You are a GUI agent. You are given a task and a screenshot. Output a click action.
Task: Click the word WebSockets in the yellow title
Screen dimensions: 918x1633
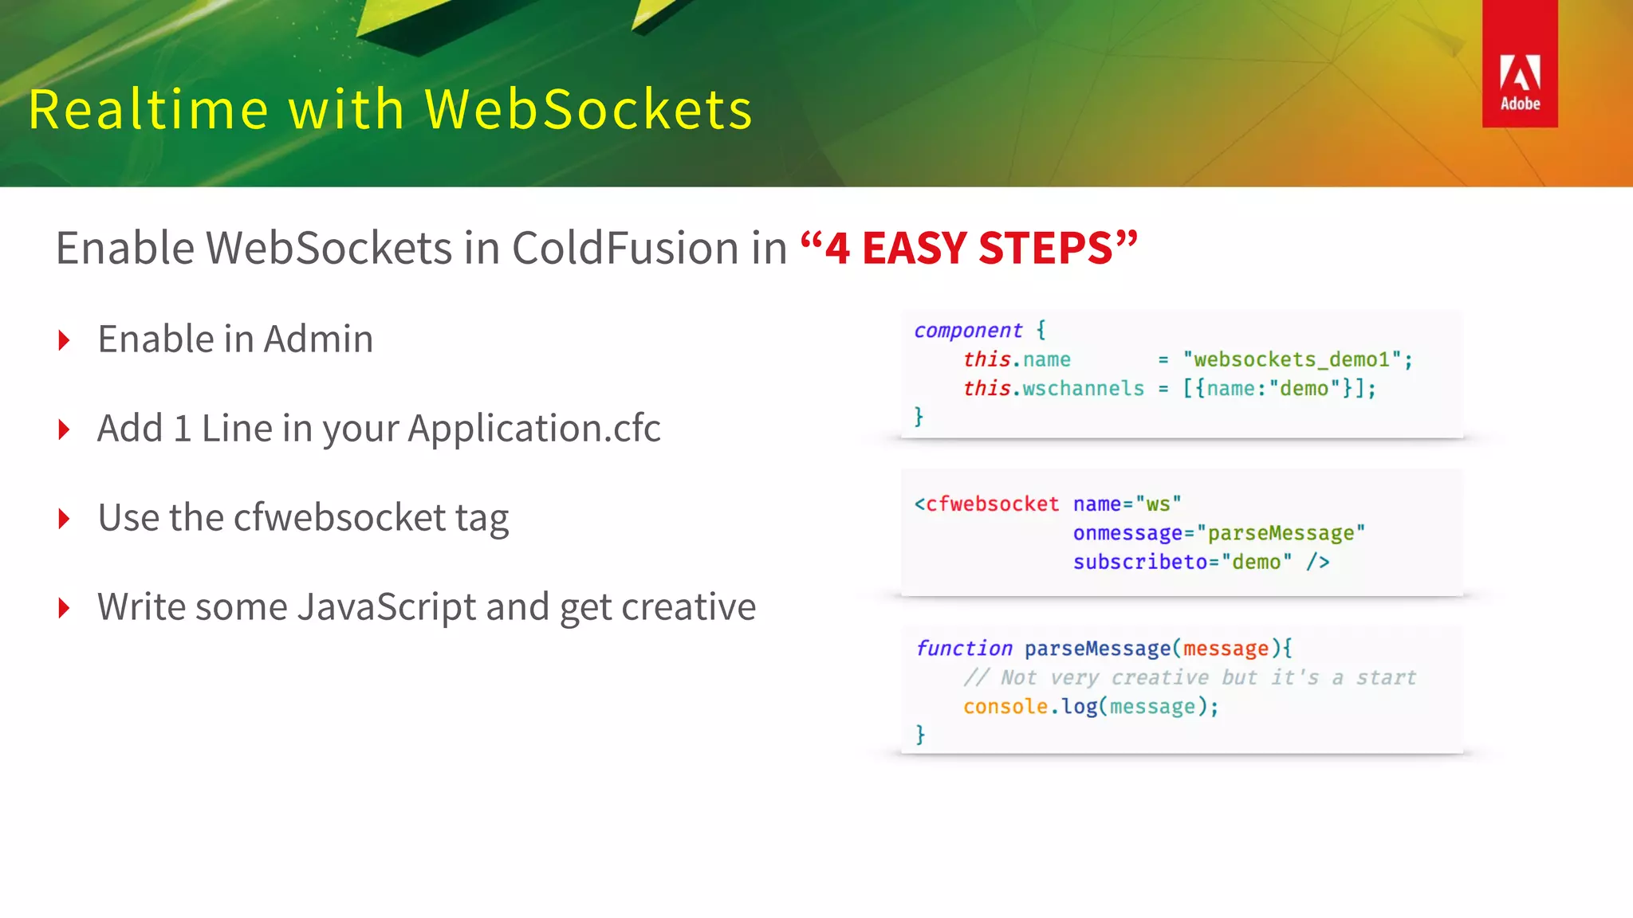588,109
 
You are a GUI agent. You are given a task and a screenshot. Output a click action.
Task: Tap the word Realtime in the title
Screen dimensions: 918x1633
148,109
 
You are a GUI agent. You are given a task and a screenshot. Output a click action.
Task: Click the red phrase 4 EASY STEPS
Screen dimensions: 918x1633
968,248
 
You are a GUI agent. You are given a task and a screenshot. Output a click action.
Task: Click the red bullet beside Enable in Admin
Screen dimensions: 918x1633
65,341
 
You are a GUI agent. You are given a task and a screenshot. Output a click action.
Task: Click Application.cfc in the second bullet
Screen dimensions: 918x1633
534,429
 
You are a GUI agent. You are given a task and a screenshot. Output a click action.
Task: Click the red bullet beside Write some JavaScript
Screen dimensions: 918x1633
65,609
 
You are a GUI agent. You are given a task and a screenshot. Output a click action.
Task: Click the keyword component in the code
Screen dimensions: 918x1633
967,330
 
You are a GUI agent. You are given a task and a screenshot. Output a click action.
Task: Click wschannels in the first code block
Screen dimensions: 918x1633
1083,388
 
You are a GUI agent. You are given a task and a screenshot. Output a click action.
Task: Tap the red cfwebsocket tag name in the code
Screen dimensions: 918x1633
991,504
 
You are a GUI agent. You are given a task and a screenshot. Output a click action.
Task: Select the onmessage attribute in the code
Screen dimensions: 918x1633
1127,533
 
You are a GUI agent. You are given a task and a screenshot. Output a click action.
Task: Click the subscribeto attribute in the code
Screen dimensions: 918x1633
1139,562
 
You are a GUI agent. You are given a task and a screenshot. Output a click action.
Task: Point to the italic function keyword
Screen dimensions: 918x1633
964,649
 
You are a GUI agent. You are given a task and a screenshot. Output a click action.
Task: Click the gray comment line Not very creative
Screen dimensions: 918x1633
1189,677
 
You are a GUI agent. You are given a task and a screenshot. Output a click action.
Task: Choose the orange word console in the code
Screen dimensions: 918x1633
1005,706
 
